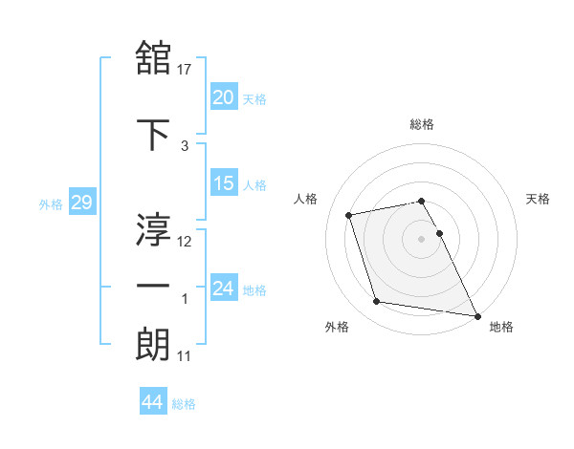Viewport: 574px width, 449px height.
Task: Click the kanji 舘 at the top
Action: [x=154, y=58]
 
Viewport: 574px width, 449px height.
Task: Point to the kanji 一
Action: [x=154, y=286]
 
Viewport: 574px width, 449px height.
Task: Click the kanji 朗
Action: [x=154, y=345]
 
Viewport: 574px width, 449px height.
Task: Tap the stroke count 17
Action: [x=186, y=69]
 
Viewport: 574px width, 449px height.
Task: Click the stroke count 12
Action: [x=186, y=242]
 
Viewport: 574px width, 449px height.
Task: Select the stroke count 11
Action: [x=185, y=357]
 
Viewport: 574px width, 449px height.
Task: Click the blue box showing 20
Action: [x=224, y=96]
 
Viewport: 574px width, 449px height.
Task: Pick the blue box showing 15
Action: [x=224, y=183]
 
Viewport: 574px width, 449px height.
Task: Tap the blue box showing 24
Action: [x=224, y=288]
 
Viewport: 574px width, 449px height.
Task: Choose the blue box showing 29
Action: [x=81, y=203]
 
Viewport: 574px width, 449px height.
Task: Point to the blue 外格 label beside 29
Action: [x=51, y=203]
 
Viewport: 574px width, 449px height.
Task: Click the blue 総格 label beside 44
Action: [x=184, y=404]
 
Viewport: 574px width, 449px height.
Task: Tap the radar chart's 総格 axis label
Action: [x=422, y=124]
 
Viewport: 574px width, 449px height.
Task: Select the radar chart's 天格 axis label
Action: [x=538, y=199]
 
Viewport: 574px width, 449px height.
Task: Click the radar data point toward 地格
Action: [x=476, y=314]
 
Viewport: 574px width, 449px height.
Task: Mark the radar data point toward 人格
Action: [x=349, y=214]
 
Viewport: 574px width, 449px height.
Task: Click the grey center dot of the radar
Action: [x=422, y=238]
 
